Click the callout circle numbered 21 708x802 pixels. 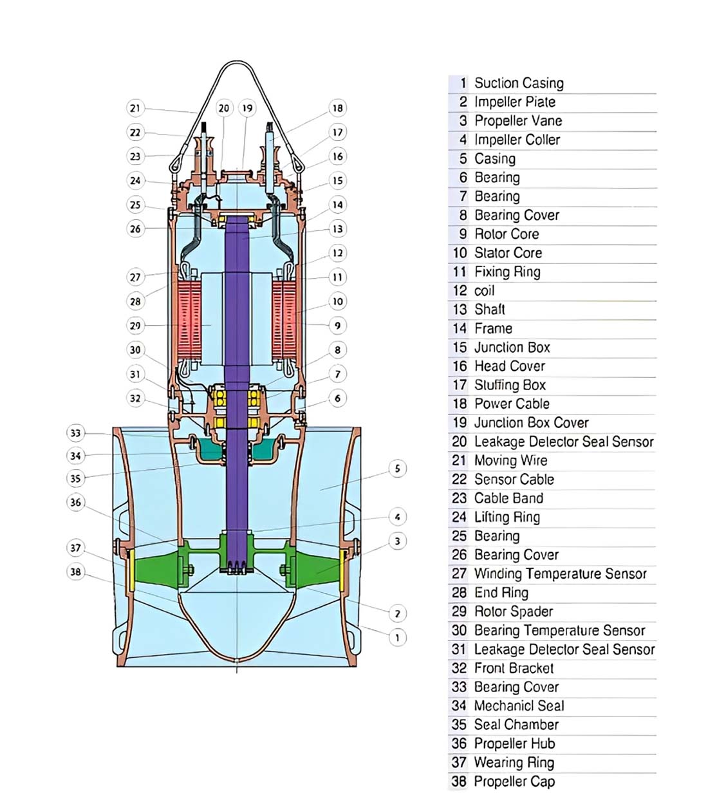[135, 108]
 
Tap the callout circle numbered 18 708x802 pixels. [337, 108]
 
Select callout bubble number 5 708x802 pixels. [397, 469]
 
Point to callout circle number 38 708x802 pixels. [76, 572]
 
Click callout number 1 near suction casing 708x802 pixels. [397, 637]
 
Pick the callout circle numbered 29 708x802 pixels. [135, 326]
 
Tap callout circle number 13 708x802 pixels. [337, 229]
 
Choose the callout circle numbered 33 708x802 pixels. [76, 433]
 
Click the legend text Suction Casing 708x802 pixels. [518, 83]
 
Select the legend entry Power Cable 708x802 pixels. [512, 404]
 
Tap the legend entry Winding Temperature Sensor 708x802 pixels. [560, 574]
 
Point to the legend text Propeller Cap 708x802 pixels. [514, 781]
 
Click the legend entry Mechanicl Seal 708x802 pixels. [519, 706]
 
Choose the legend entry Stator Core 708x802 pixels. [508, 253]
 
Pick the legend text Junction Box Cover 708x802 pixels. [531, 423]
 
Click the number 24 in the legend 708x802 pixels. [459, 517]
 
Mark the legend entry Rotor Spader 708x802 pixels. [513, 611]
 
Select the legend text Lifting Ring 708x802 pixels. [507, 517]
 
